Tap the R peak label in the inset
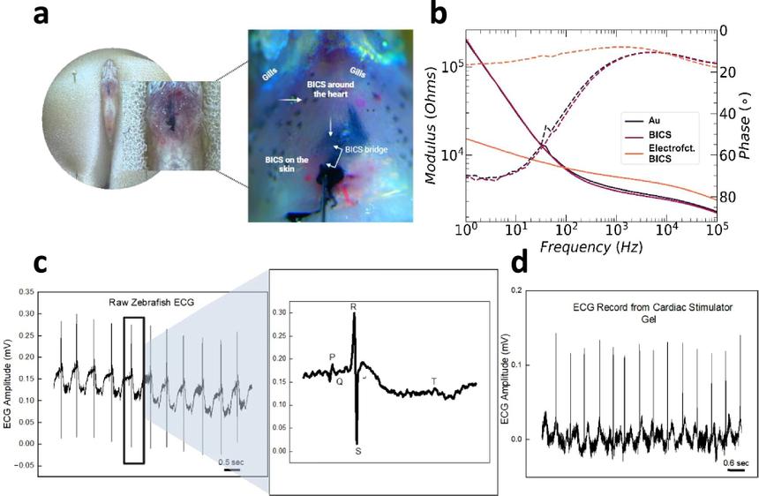point(353,306)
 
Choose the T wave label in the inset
point(433,381)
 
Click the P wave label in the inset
point(332,357)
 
